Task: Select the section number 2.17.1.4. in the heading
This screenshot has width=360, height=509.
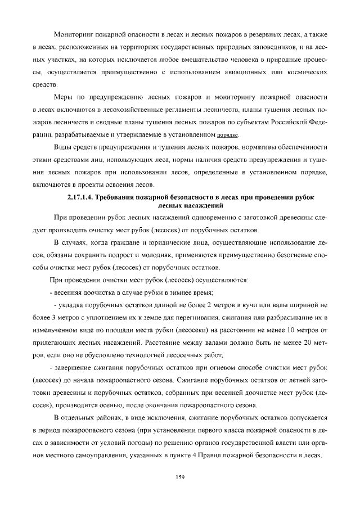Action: [x=83, y=198]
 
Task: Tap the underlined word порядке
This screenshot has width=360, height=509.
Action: [x=228, y=136]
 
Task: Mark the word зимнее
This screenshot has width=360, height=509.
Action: [x=181, y=292]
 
